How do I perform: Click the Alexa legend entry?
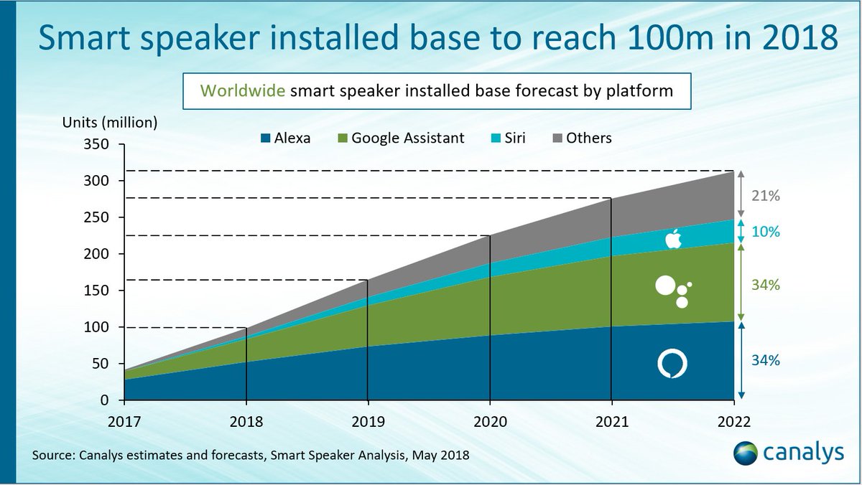click(x=286, y=138)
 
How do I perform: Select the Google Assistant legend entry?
click(x=401, y=138)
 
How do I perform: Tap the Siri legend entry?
click(x=506, y=138)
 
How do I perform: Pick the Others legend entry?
click(x=581, y=138)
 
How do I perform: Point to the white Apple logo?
click(x=673, y=239)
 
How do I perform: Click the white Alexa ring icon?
click(x=672, y=364)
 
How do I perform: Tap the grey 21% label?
click(x=765, y=196)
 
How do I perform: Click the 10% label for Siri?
click(x=765, y=232)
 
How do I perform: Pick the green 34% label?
click(x=765, y=285)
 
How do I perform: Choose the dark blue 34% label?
click(x=765, y=361)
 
